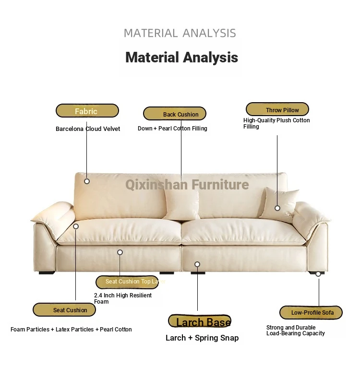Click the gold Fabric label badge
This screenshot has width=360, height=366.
click(87, 111)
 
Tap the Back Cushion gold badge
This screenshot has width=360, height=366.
click(175, 114)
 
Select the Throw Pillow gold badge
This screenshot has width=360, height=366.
click(277, 109)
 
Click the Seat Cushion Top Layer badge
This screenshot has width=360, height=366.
click(127, 282)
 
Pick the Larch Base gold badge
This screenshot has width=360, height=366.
click(200, 321)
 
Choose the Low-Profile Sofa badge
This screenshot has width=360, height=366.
click(311, 313)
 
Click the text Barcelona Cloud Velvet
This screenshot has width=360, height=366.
click(88, 129)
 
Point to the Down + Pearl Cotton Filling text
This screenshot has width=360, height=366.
click(172, 129)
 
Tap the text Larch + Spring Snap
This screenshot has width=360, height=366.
click(202, 338)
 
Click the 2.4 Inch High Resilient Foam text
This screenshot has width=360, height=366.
click(123, 298)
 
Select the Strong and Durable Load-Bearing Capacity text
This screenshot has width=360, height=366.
click(295, 331)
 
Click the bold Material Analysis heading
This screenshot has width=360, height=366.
click(182, 58)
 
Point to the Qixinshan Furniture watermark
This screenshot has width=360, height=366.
click(187, 184)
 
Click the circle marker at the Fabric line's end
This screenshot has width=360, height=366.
click(87, 181)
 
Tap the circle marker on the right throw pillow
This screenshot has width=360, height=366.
click(277, 208)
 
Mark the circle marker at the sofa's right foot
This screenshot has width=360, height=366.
click(318, 274)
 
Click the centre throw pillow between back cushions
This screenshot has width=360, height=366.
click(181, 205)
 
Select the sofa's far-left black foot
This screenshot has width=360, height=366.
click(47, 272)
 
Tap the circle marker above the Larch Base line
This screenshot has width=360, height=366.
click(197, 264)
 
